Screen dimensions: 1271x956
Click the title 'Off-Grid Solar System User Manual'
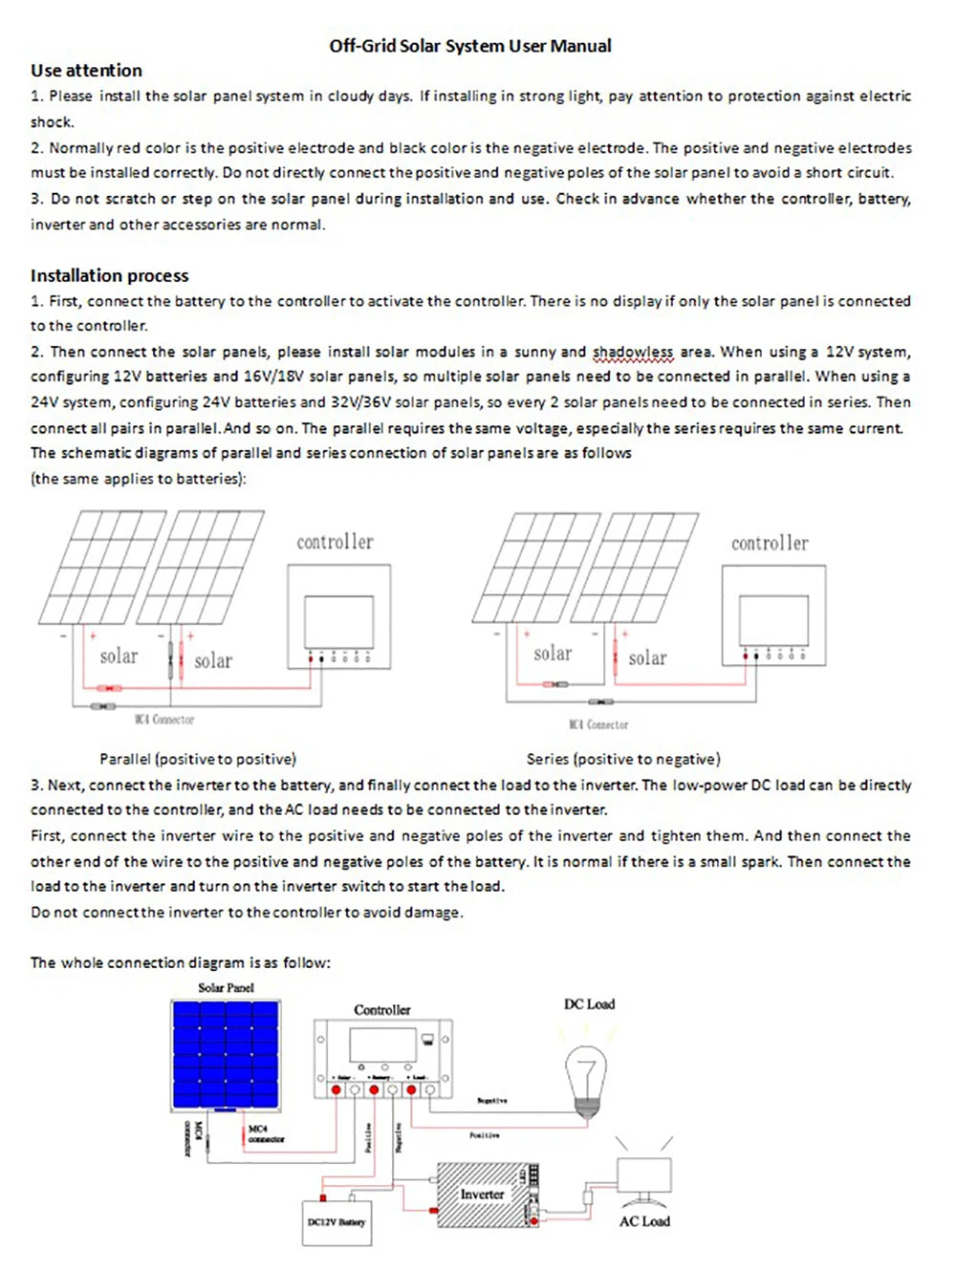(x=469, y=46)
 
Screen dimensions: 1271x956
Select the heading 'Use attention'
(x=86, y=71)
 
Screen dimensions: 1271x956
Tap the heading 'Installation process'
(x=109, y=275)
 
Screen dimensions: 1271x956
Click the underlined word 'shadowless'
(x=633, y=352)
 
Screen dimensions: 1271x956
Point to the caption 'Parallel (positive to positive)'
(x=198, y=759)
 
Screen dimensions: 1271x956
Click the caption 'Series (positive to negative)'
(x=623, y=759)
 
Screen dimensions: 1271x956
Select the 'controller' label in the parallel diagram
(x=335, y=542)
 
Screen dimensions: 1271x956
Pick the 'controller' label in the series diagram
(x=770, y=543)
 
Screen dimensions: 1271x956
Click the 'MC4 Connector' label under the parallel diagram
(x=164, y=720)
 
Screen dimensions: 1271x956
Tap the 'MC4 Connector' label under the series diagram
(x=598, y=724)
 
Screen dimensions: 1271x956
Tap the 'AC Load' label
(x=644, y=1221)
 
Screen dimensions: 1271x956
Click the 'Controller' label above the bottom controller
(x=381, y=1009)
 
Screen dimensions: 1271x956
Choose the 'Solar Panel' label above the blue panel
(x=226, y=987)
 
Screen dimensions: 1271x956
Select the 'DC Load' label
(x=589, y=1003)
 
